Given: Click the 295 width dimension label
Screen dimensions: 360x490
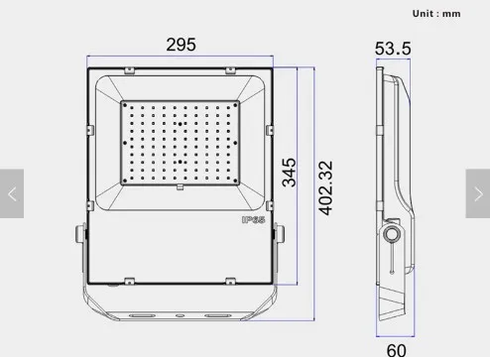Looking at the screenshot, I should (x=181, y=45).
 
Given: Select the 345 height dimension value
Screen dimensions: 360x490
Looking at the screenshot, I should (x=289, y=172).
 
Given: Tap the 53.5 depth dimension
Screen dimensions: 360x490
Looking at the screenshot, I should (x=393, y=49).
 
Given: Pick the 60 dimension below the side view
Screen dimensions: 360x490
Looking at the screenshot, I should (x=396, y=350).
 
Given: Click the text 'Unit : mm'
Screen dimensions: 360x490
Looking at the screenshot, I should (x=437, y=14).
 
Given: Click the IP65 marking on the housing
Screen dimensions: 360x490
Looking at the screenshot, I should (x=252, y=220).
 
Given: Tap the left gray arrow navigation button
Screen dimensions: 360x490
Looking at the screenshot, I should (x=12, y=194).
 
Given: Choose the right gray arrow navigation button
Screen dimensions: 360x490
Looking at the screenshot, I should (x=477, y=194).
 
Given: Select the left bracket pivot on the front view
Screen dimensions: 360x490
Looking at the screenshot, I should (x=78, y=236).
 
